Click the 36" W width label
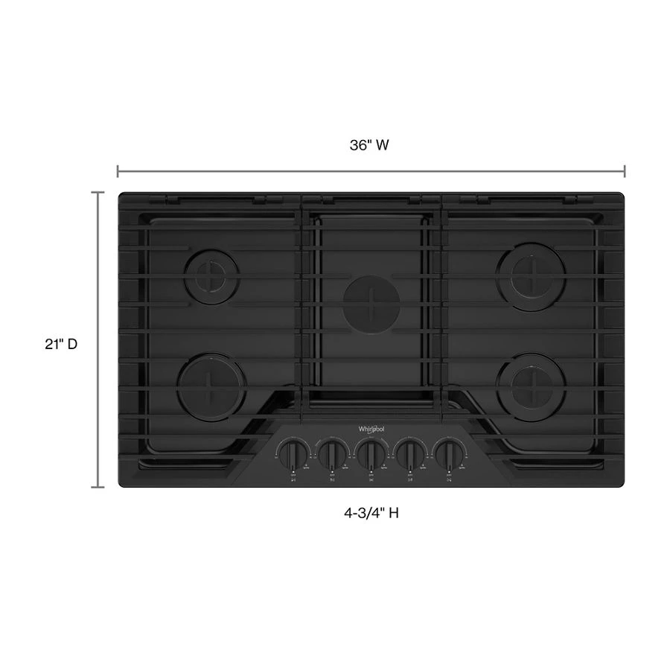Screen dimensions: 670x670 tap(370, 146)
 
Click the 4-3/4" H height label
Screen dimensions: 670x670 tap(370, 513)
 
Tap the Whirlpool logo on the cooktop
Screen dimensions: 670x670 tap(371, 430)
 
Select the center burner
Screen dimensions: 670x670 tap(371, 304)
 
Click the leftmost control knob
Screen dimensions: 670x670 tap(293, 452)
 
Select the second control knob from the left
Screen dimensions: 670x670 tap(333, 452)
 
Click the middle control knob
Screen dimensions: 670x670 tap(371, 452)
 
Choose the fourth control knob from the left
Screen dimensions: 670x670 tap(410, 452)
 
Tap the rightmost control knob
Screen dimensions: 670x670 tap(450, 452)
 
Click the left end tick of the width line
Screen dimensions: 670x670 tap(118, 172)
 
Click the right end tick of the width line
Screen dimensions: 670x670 tap(624, 172)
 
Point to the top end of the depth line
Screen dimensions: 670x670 tap(98, 193)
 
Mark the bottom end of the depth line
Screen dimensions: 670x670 tap(98, 487)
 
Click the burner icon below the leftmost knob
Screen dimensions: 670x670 tap(293, 479)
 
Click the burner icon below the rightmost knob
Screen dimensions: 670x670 tap(450, 479)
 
